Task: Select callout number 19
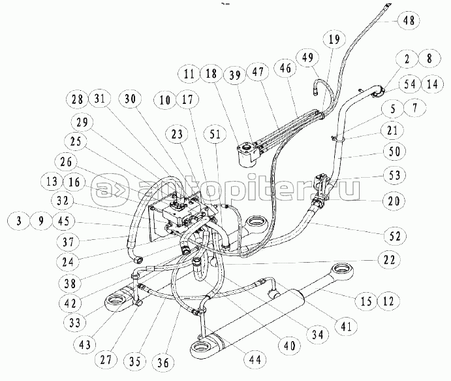(334, 39)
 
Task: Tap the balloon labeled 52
(395, 235)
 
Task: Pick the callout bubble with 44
(255, 359)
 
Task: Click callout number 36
(163, 361)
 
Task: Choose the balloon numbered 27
(106, 359)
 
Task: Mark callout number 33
(75, 323)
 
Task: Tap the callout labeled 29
(82, 122)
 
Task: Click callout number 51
(215, 135)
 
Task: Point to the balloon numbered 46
(285, 68)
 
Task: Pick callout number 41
(346, 326)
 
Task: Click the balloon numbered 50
(394, 151)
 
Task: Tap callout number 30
(130, 99)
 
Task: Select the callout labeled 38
(70, 284)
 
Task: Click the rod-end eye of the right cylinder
(343, 271)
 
